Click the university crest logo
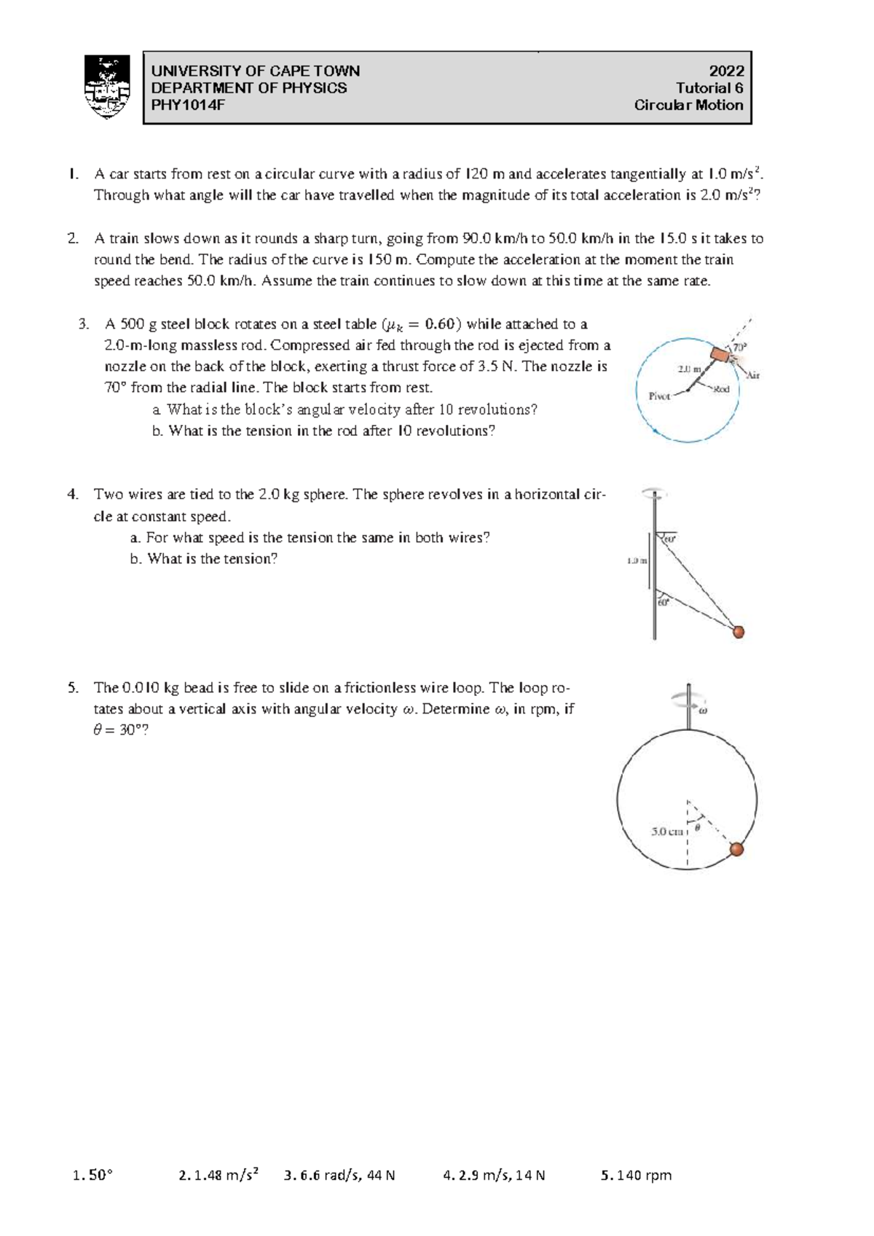coord(107,87)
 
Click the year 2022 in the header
coord(726,71)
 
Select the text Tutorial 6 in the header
coord(709,88)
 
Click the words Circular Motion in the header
coord(688,105)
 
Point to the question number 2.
coord(72,238)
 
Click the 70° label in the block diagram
coord(739,348)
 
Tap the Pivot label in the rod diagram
coord(659,396)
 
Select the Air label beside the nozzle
coord(752,375)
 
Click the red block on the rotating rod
coord(721,355)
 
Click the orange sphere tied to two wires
coord(738,632)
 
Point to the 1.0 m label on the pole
coord(637,561)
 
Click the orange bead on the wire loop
coord(736,848)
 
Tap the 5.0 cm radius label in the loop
coord(666,832)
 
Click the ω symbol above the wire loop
coord(704,711)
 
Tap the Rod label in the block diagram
coord(721,389)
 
